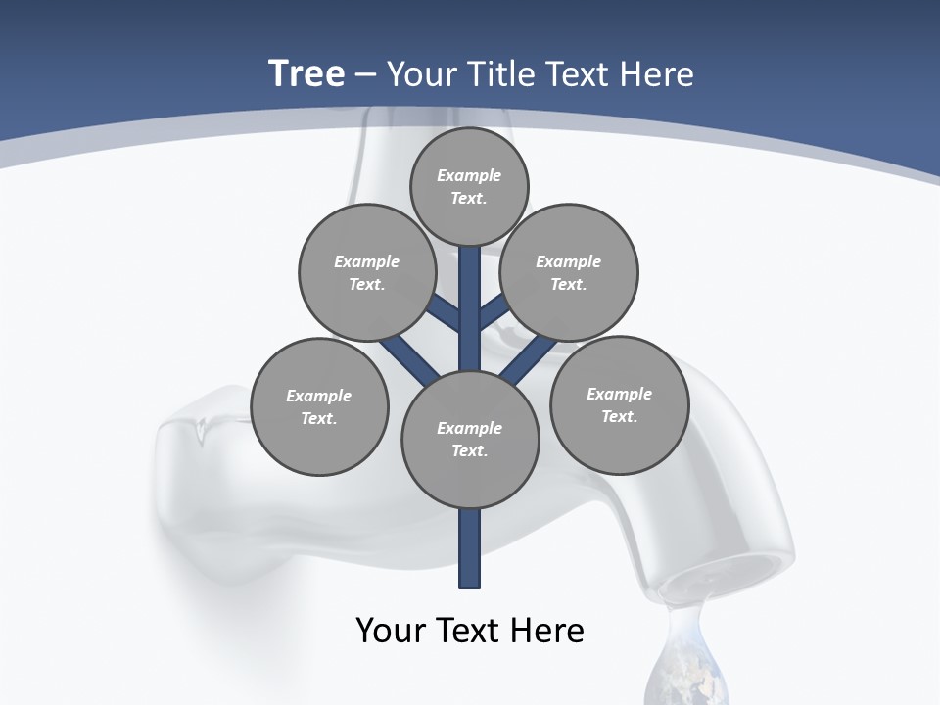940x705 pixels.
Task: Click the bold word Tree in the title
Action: (x=306, y=74)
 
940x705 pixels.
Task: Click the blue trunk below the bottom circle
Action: (x=470, y=548)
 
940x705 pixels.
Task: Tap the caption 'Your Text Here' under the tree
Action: (x=470, y=631)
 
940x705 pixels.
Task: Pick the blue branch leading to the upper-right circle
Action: (x=493, y=312)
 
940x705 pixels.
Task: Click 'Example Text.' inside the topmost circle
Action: (x=469, y=187)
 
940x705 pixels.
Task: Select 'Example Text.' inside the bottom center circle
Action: (x=470, y=440)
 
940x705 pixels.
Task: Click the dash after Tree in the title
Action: (x=365, y=75)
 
